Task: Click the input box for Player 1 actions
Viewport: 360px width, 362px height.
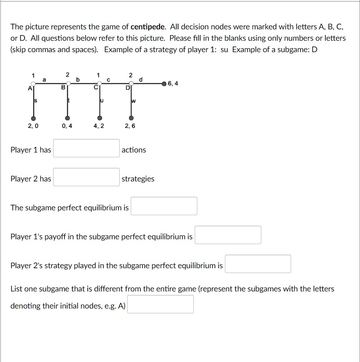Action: tap(86, 148)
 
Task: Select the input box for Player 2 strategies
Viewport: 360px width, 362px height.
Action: tap(86, 177)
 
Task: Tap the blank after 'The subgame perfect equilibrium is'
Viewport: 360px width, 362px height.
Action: tap(164, 206)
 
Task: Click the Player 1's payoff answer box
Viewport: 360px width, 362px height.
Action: tap(228, 235)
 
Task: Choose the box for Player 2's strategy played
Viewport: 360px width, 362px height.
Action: tap(258, 264)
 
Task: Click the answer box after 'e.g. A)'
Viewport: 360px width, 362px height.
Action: tap(160, 304)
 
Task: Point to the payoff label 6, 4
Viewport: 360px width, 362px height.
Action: tap(173, 83)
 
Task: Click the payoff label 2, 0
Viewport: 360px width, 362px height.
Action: tap(32, 126)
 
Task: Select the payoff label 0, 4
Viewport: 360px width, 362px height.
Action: tap(67, 126)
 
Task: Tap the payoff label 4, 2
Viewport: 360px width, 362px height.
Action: tap(99, 126)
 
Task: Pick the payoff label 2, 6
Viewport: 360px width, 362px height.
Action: tap(130, 126)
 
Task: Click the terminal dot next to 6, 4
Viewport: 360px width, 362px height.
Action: tap(164, 83)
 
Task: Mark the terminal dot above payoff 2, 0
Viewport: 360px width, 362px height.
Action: tap(32, 118)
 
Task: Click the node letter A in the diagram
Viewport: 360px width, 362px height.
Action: tap(29, 88)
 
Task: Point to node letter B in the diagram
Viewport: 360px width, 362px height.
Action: tap(63, 88)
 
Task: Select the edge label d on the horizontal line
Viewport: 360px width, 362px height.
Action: tap(140, 79)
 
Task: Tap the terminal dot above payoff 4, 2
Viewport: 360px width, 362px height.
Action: tap(100, 118)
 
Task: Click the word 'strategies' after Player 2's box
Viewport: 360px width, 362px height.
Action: tap(138, 179)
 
